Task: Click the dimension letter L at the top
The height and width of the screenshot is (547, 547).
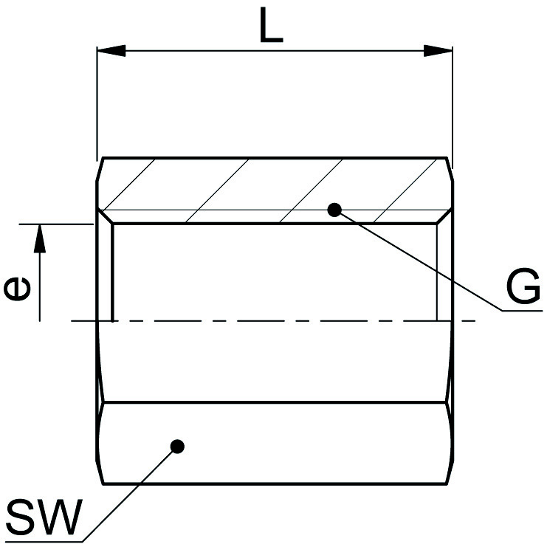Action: [272, 27]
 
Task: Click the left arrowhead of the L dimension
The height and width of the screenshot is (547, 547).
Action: [111, 51]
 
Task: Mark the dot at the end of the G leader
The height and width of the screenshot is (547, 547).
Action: [334, 210]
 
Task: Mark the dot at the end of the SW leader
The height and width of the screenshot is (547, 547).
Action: [177, 446]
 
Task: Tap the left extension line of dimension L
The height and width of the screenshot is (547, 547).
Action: [97, 103]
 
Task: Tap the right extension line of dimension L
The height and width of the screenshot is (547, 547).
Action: [451, 103]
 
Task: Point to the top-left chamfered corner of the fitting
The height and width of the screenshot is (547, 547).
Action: [100, 165]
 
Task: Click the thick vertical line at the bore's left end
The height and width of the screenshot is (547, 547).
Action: [113, 273]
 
